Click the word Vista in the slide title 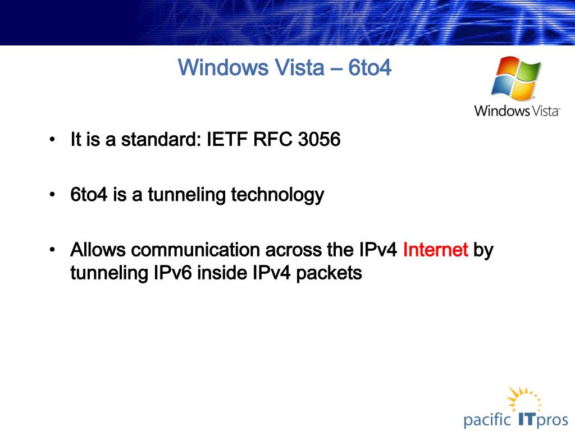pyautogui.click(x=300, y=67)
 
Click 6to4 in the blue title pyautogui.click(x=369, y=67)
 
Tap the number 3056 pyautogui.click(x=319, y=139)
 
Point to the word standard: pyautogui.click(x=161, y=139)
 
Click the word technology pyautogui.click(x=277, y=195)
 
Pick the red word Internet pyautogui.click(x=435, y=250)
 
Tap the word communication pyautogui.click(x=195, y=250)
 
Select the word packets pyautogui.click(x=329, y=273)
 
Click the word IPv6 pyautogui.click(x=172, y=273)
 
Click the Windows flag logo pyautogui.click(x=516, y=79)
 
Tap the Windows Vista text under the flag pyautogui.click(x=517, y=111)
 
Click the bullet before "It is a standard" pyautogui.click(x=52, y=140)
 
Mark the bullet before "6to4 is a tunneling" pyautogui.click(x=52, y=195)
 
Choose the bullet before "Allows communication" pyautogui.click(x=52, y=250)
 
